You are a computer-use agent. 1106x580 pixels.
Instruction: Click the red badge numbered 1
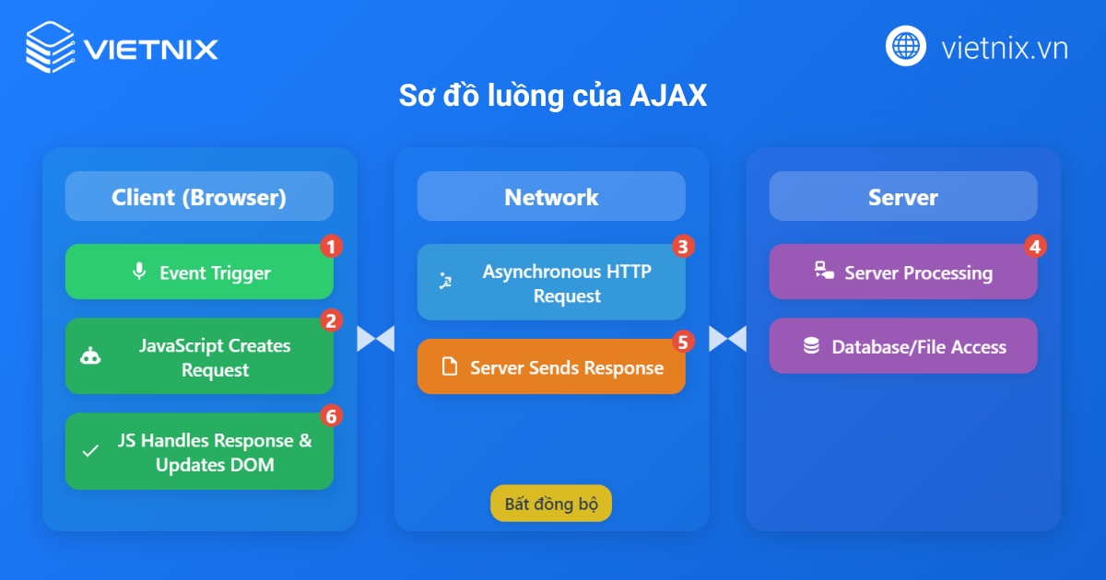click(x=331, y=246)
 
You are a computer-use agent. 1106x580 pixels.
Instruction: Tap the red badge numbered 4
click(x=1035, y=246)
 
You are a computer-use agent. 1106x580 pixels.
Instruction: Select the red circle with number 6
click(x=331, y=415)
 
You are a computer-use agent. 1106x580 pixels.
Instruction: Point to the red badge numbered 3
click(x=682, y=246)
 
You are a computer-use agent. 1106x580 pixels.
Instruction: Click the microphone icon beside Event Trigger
click(x=139, y=272)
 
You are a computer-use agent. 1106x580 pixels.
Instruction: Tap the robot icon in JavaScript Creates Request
click(x=90, y=357)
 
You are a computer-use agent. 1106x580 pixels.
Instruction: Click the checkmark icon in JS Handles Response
click(x=90, y=452)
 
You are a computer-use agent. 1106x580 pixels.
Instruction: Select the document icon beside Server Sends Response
click(x=450, y=367)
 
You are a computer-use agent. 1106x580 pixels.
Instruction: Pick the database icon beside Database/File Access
click(x=811, y=346)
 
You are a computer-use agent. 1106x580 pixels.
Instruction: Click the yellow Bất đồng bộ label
click(x=551, y=504)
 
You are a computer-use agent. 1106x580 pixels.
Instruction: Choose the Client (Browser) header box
click(x=199, y=196)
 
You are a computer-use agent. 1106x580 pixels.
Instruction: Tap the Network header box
click(x=551, y=196)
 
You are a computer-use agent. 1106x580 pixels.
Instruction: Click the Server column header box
click(x=903, y=196)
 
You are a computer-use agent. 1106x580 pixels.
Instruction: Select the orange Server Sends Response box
click(x=551, y=367)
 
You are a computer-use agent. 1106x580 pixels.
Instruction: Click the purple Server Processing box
click(x=903, y=272)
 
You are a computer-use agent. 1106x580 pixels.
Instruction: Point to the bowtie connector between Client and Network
click(x=375, y=339)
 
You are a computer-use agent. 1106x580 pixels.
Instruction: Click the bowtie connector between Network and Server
click(x=727, y=339)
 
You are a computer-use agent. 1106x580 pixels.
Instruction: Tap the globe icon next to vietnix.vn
click(x=906, y=46)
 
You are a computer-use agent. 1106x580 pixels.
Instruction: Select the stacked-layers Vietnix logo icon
click(x=50, y=46)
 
